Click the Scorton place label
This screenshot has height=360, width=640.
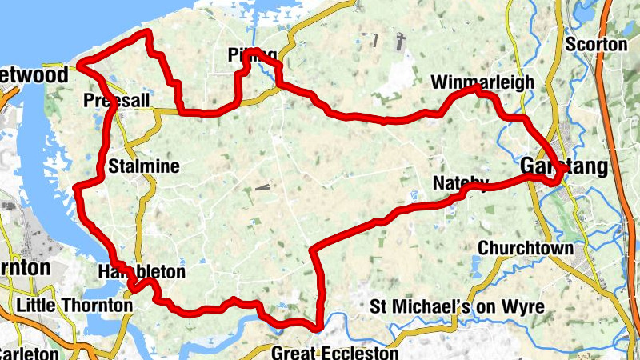[x=596, y=45]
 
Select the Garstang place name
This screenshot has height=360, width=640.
[x=563, y=166]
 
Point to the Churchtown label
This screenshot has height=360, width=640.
[x=526, y=248]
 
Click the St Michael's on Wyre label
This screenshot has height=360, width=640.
[x=458, y=306]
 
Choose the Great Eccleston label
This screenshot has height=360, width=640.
[x=334, y=353]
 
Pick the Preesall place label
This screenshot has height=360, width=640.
[x=117, y=101]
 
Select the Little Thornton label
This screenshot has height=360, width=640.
[x=74, y=305]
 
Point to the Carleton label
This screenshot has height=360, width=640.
[x=29, y=353]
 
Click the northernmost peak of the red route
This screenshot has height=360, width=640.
[x=147, y=33]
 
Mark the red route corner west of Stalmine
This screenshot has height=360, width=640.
[x=78, y=188]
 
